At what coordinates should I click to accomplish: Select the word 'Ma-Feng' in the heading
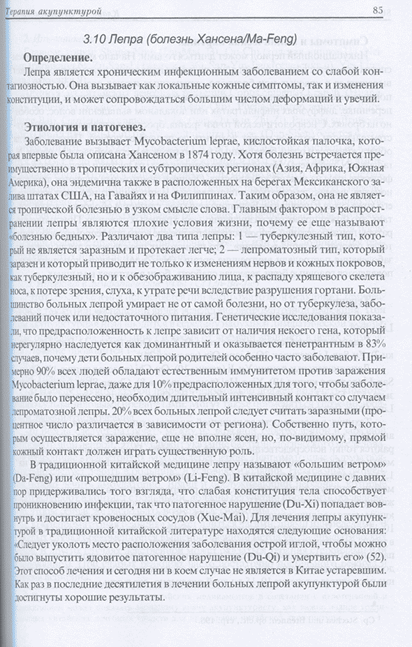click(266, 38)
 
